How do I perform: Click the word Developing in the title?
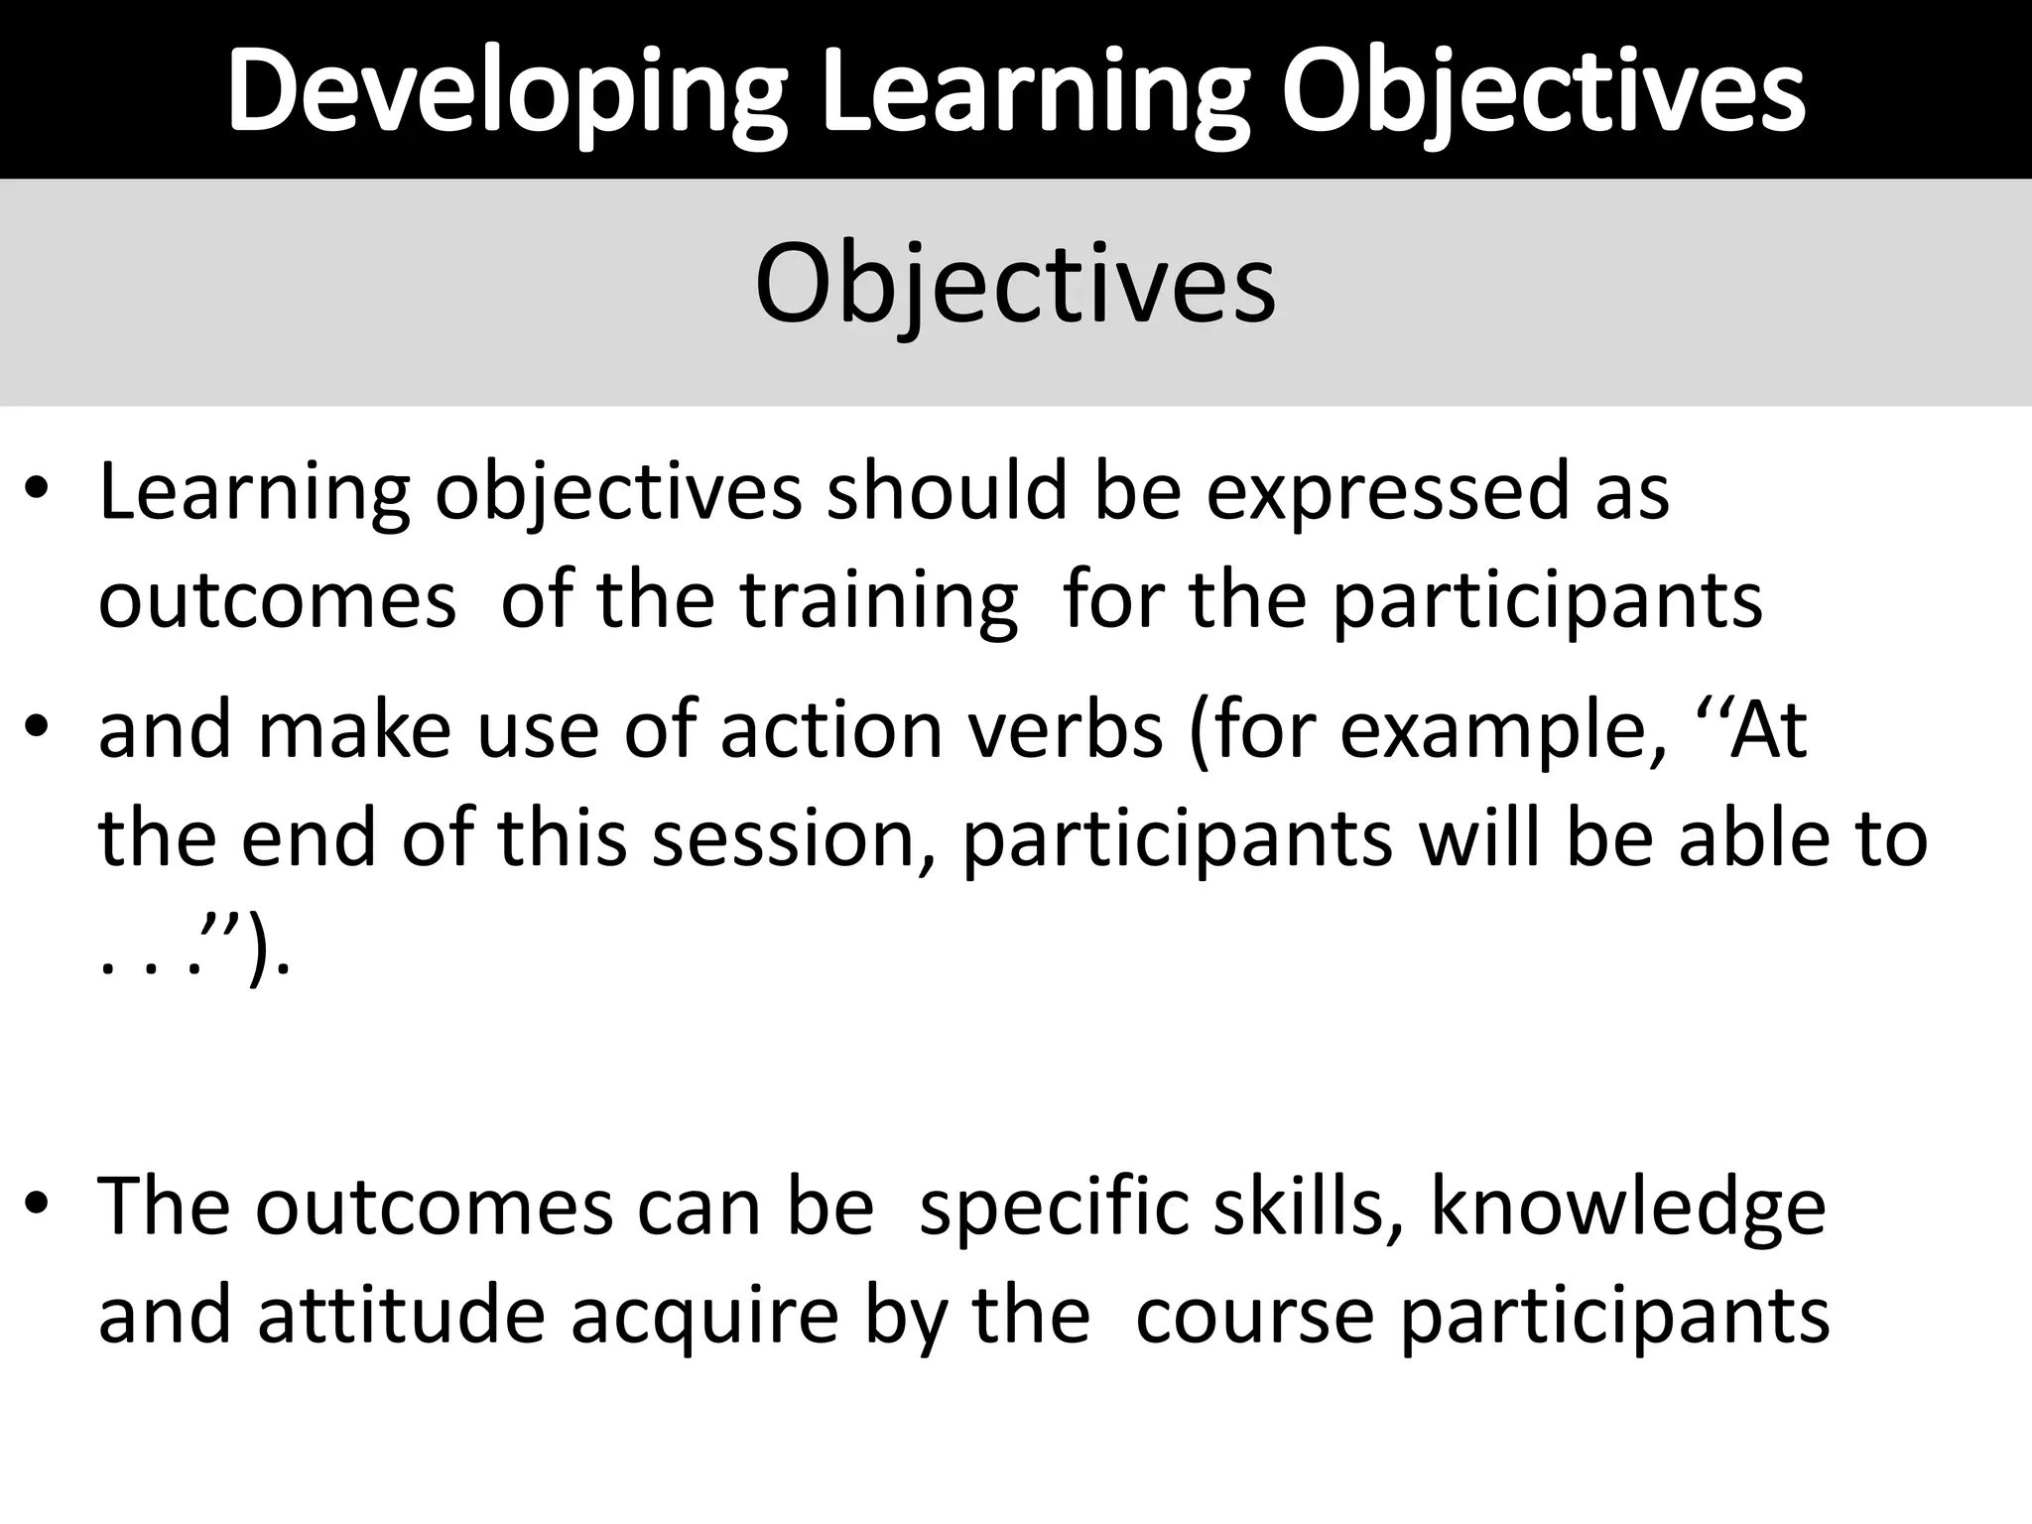(507, 91)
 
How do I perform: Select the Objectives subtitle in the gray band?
(1015, 285)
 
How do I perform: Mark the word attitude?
(401, 1316)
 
